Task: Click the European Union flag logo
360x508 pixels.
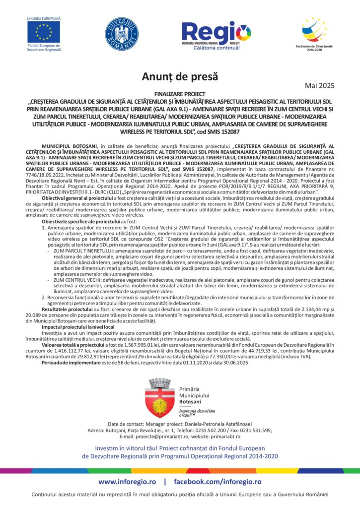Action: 44,32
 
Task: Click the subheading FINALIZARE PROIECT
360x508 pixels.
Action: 180,93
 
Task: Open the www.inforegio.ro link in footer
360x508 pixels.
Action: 128,482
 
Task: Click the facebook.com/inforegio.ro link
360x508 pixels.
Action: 217,482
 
